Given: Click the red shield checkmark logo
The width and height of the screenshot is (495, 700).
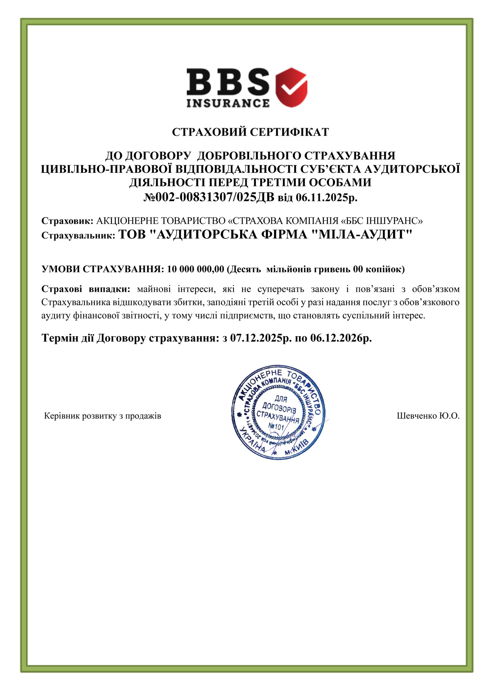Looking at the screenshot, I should coord(292,87).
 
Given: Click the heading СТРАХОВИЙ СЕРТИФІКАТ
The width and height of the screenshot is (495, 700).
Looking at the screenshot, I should coord(250,132).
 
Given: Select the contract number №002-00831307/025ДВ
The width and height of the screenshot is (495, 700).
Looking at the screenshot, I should coord(209,197).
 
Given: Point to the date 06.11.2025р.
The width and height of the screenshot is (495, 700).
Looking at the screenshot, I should coord(326,198).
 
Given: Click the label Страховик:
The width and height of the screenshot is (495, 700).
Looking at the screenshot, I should coord(68,221).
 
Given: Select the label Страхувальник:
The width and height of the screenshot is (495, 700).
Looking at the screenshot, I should coord(78,236).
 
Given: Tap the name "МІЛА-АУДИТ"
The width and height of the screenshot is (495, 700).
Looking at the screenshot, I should coord(361,234).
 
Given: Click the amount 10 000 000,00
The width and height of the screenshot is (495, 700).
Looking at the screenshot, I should coord(196,269).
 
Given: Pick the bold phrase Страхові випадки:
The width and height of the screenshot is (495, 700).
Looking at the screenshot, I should coord(86,289).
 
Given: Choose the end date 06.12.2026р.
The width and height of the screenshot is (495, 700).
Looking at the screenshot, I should coord(341,338).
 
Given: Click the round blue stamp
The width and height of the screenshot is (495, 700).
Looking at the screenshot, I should coord(278,412).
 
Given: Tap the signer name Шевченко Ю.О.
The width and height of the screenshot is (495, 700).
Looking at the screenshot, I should coord(428,416).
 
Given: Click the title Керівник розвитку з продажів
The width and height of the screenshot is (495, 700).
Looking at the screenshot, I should coord(103,416).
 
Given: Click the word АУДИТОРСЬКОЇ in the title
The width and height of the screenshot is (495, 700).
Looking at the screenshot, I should coord(412,169).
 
